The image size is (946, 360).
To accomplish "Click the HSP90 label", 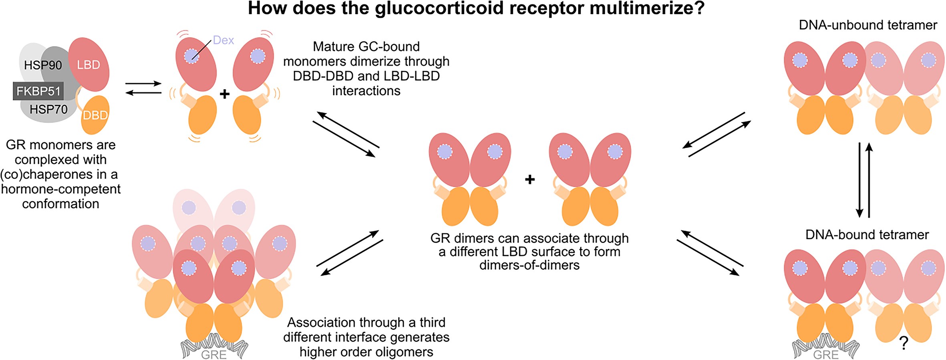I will coord(43,65).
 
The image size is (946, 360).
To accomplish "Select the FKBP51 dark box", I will coord(38,91).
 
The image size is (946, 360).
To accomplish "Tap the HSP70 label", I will coord(48,109).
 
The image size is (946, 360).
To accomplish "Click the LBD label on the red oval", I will coord(89,65).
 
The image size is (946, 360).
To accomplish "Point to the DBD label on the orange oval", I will coord(95,115).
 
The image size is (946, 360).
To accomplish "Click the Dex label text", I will coord(223,40).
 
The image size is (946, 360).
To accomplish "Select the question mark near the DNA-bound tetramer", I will coord(904,343).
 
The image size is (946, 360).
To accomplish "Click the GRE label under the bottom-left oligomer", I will coord(214,355).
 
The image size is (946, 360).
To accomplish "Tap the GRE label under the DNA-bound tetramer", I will coord(826,355).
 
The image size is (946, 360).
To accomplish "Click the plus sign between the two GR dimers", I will coord(530,179).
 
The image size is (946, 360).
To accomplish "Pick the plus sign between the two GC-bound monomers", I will coord(225,94).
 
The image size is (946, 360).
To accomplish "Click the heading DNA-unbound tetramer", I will coord(868,25).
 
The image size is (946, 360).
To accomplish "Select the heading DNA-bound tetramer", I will coord(867,235).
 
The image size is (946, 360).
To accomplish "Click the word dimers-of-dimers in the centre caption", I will coord(529,265).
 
